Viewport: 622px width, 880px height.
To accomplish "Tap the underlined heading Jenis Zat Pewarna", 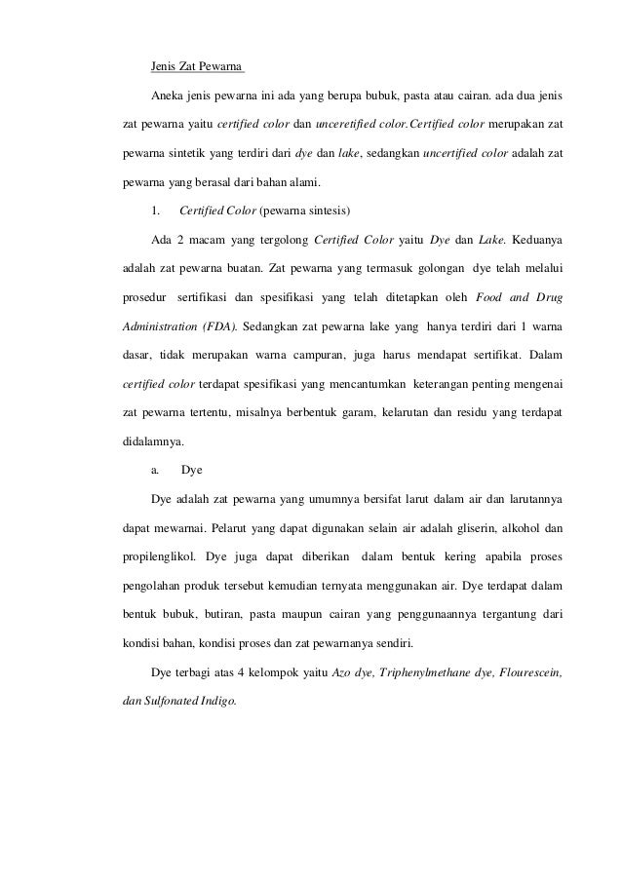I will coord(196,68).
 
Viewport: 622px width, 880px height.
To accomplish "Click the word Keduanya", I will coord(534,239).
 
